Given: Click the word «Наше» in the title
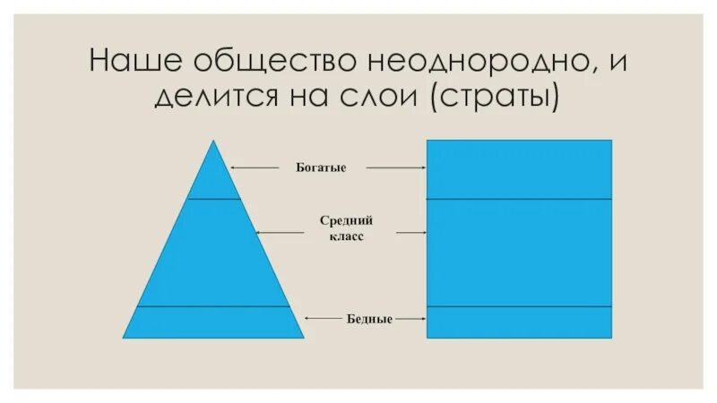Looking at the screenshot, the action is coord(135,63).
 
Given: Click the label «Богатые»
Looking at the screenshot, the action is coord(320,167).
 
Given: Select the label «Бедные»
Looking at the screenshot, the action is coord(368,318).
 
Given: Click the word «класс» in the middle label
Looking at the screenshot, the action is coord(345,238).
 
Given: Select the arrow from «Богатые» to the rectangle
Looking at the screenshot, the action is coord(395,167).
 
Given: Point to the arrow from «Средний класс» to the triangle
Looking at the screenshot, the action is coord(281,232).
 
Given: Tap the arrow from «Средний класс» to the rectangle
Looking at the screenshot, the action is coord(410,232).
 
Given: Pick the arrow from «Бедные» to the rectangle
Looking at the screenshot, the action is coord(410,318).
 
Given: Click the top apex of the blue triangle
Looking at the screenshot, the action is coord(213,143).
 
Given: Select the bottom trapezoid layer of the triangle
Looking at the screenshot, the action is coord(213,322).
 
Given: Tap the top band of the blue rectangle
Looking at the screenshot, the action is coord(519,169).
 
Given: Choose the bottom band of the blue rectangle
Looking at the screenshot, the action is coord(519,322).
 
